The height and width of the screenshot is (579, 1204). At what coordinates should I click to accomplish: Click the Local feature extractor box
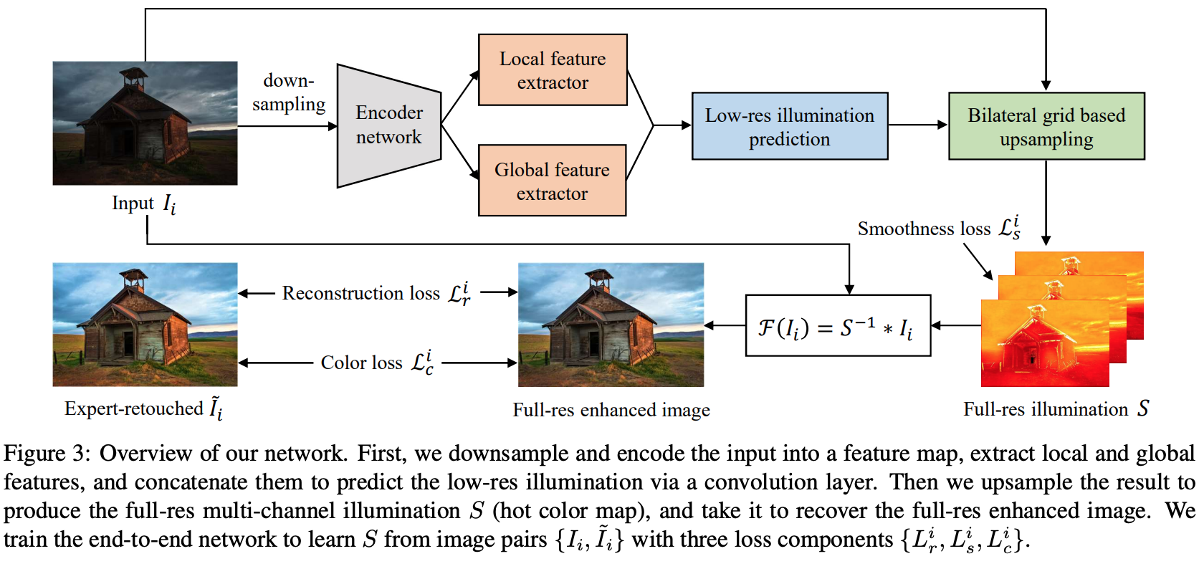(x=553, y=70)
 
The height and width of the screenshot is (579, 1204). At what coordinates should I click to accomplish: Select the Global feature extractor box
(x=552, y=181)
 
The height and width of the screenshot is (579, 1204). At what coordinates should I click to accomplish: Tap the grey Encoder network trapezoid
(x=388, y=126)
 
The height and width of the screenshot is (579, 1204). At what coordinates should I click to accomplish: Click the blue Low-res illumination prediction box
(x=789, y=126)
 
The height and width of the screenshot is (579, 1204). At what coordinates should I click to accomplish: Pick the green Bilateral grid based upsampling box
(x=1046, y=126)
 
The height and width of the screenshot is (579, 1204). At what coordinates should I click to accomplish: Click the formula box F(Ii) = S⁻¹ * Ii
(x=838, y=326)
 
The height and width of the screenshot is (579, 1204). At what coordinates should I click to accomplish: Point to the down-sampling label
(x=289, y=92)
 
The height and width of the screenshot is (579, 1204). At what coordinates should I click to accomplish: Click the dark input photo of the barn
(x=145, y=123)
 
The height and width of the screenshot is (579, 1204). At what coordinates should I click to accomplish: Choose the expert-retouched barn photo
(x=145, y=325)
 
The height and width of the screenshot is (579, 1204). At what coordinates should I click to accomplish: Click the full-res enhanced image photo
(x=611, y=325)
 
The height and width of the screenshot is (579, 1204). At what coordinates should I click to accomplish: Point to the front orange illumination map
(x=1044, y=344)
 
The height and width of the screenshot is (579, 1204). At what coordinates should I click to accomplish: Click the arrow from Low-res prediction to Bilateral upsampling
(x=917, y=125)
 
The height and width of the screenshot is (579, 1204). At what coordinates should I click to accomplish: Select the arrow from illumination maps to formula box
(x=956, y=326)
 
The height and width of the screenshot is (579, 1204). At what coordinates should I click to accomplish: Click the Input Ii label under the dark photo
(x=143, y=204)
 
